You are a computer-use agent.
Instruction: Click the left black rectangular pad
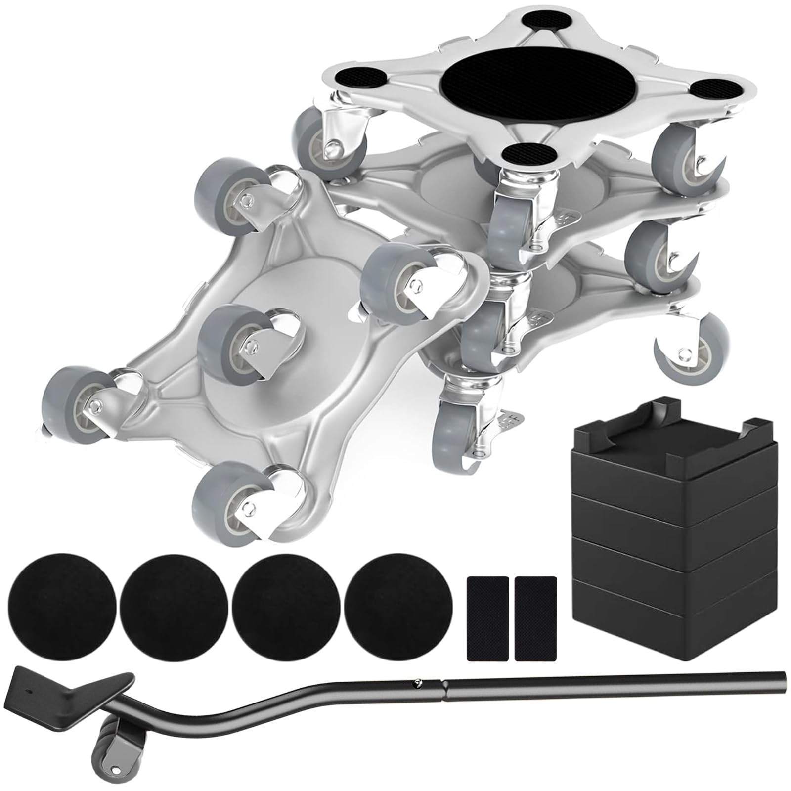487,605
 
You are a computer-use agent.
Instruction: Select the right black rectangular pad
535,605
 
